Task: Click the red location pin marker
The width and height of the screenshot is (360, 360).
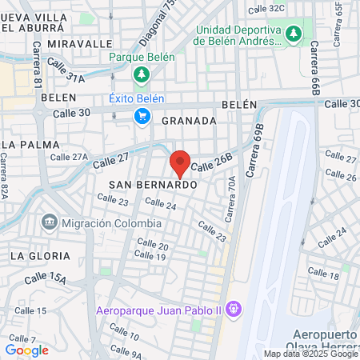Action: (181, 162)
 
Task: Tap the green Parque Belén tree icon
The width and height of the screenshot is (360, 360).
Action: (142, 74)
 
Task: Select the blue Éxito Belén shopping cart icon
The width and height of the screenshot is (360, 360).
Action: (142, 117)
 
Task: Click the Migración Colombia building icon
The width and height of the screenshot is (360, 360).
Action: (50, 221)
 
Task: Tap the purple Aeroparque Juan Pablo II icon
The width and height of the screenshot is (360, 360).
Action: (234, 308)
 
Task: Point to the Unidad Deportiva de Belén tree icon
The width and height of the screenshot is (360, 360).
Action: (294, 34)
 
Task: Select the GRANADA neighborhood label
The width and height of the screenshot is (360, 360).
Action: (189, 121)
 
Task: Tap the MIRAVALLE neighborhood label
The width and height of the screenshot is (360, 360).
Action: (80, 42)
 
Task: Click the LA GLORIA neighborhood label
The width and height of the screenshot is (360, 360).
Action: (40, 256)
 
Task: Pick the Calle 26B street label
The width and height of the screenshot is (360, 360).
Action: (212, 163)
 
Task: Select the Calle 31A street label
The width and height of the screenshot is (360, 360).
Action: (70, 77)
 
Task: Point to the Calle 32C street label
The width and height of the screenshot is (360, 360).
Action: (266, 8)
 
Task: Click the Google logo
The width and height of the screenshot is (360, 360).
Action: (26, 350)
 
